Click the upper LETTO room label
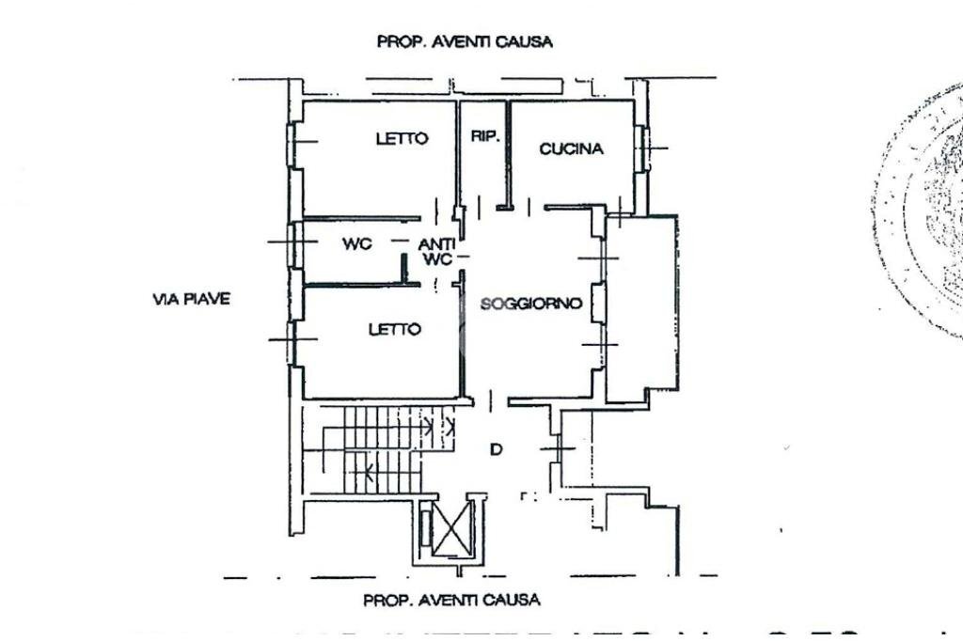click(402, 139)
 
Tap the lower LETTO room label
click(394, 330)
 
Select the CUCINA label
click(571, 149)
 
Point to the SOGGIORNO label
click(531, 304)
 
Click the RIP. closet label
click(484, 136)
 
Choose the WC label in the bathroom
click(356, 243)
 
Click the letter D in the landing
click(496, 450)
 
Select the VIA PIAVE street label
click(191, 300)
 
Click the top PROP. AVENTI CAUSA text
click(464, 41)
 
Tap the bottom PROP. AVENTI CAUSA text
click(452, 600)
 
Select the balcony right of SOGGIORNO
click(640, 305)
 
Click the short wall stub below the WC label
click(404, 269)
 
